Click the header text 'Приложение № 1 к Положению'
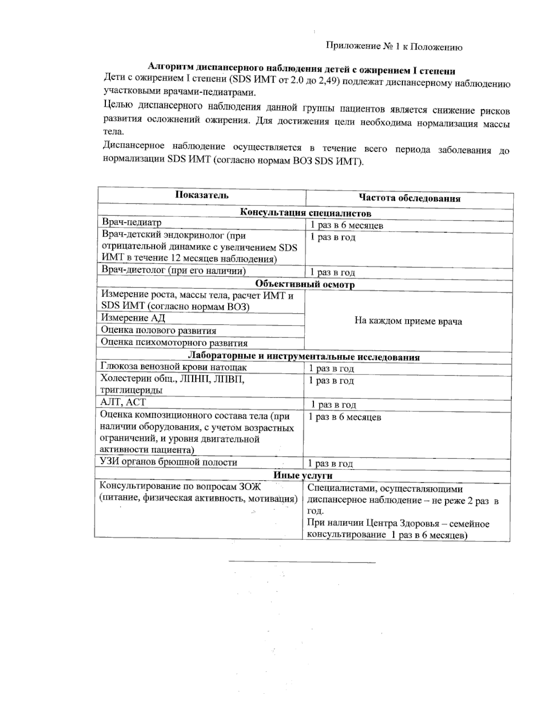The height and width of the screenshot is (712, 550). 394,47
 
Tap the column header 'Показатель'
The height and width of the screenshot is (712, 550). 202,195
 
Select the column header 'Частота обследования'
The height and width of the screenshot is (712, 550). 409,199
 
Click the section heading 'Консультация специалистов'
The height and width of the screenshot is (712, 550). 305,213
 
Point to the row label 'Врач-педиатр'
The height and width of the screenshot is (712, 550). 132,222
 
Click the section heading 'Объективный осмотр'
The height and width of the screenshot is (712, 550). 305,284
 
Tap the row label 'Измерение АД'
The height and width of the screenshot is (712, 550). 133,318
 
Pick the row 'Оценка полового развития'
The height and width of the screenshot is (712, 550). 159,331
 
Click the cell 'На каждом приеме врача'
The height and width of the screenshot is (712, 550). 408,321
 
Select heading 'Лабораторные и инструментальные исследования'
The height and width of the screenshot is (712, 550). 304,357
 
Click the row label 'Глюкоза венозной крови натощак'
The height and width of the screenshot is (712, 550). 174,367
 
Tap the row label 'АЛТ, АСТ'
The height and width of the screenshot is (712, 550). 123,402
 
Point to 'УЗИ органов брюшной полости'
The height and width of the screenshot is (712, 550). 169,462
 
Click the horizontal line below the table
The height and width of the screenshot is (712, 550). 302,562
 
